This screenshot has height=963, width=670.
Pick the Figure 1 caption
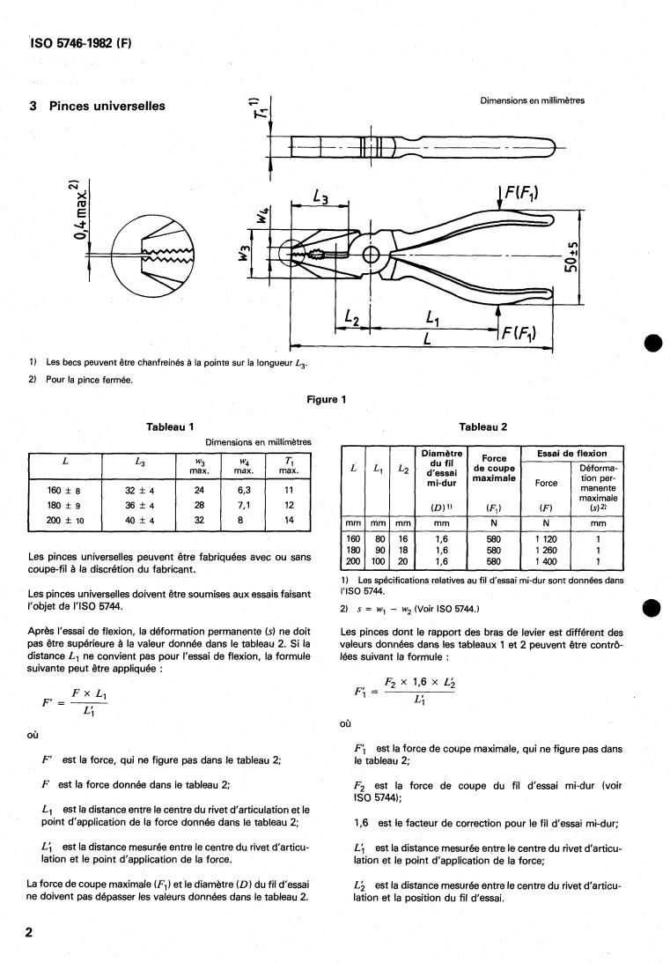pos(326,399)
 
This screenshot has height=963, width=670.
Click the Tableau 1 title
pos(170,427)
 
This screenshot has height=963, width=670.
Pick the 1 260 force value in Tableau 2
pos(547,550)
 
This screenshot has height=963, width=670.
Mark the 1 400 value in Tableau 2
pos(547,560)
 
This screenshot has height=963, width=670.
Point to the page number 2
pos(29,932)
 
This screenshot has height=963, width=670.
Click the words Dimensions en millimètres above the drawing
pos(532,100)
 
